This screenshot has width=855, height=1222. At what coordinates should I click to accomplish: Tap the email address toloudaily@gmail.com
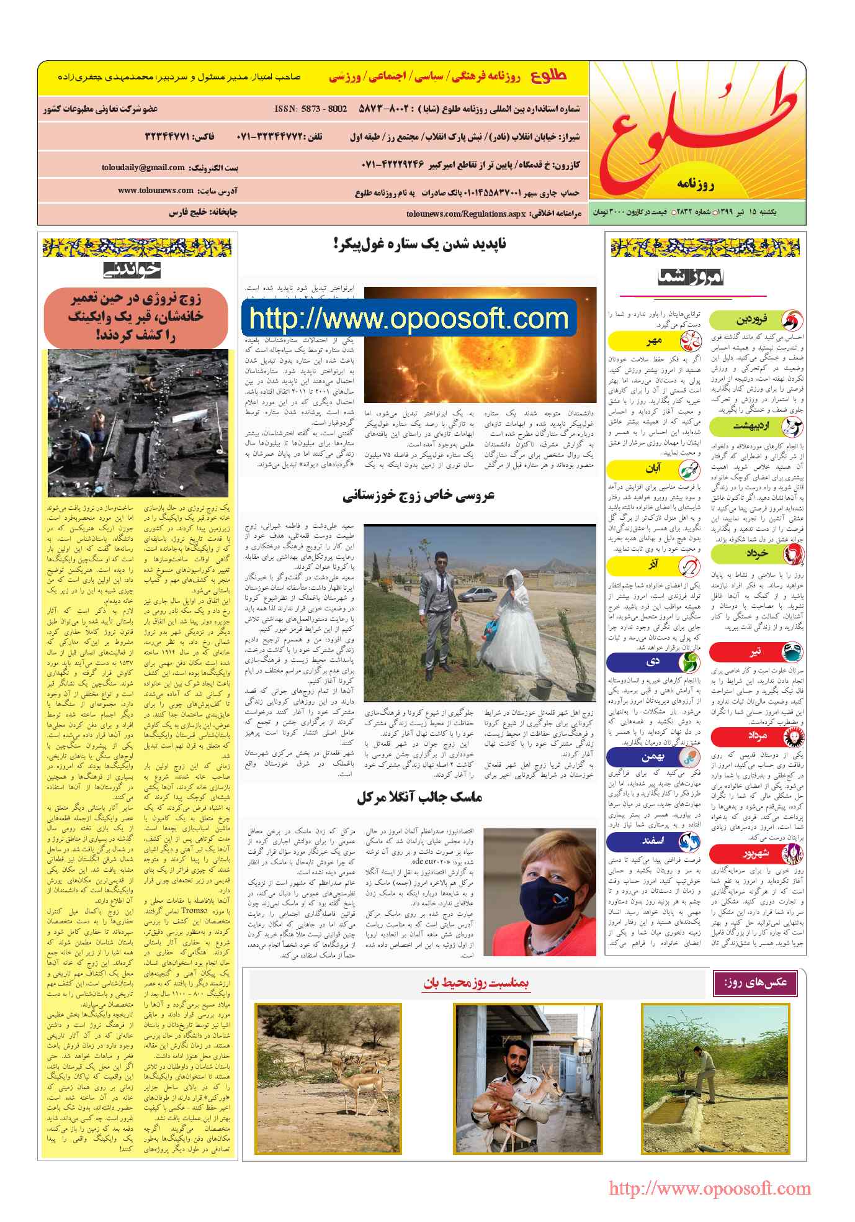click(143, 168)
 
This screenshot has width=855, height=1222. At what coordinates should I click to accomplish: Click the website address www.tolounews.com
click(156, 191)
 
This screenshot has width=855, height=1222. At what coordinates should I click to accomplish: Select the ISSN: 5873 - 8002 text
click(311, 109)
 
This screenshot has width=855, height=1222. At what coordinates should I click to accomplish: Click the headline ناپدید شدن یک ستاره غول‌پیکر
click(419, 244)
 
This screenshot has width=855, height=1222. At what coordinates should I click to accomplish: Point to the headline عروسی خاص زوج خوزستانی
click(419, 496)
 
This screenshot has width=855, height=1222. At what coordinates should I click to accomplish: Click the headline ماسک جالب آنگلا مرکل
click(419, 797)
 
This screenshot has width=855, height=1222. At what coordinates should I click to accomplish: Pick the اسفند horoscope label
click(653, 841)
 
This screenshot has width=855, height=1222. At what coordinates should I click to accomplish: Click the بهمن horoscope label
click(653, 757)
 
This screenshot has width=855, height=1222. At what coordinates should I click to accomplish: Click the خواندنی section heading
click(132, 269)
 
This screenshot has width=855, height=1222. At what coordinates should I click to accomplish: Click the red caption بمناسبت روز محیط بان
click(476, 984)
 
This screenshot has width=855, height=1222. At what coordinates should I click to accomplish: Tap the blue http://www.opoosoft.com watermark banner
click(410, 319)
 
